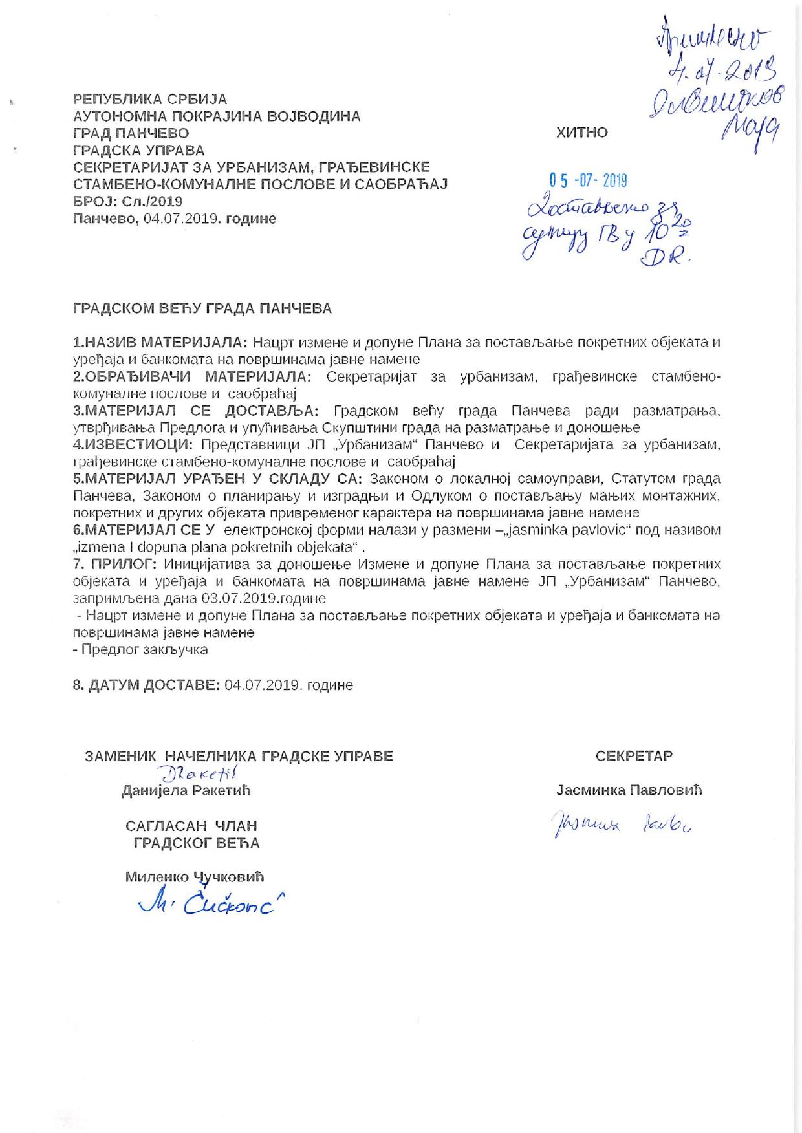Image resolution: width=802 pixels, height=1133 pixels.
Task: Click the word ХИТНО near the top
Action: pyautogui.click(x=581, y=133)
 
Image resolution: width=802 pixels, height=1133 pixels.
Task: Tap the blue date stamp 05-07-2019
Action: pyautogui.click(x=588, y=180)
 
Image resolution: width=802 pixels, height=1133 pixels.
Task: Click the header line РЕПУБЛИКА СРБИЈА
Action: pyautogui.click(x=149, y=99)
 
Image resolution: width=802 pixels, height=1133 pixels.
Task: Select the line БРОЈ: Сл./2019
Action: pyautogui.click(x=127, y=201)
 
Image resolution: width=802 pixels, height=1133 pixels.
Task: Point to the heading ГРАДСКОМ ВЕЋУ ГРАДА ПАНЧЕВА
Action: pyautogui.click(x=202, y=308)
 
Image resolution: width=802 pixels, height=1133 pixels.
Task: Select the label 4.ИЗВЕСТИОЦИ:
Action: pyautogui.click(x=134, y=444)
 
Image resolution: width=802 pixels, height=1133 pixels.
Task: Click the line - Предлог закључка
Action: pyautogui.click(x=140, y=649)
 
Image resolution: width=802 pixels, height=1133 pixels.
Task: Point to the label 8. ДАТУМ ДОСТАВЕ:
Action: pyautogui.click(x=146, y=685)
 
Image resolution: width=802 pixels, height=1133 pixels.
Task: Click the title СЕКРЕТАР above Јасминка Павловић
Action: pyautogui.click(x=634, y=755)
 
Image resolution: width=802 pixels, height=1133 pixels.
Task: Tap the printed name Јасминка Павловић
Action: pyautogui.click(x=629, y=790)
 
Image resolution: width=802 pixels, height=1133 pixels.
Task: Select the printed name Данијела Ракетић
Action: pyautogui.click(x=186, y=790)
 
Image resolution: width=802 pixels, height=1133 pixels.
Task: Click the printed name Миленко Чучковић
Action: pyautogui.click(x=195, y=877)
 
